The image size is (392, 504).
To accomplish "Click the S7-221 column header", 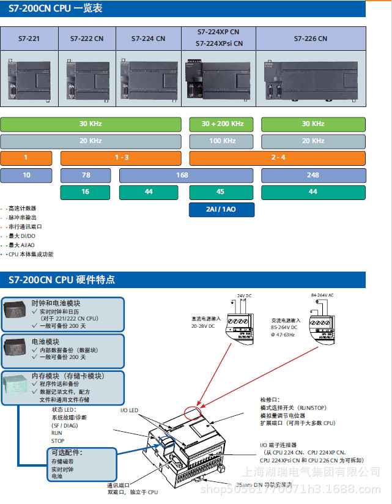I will pos(29,39).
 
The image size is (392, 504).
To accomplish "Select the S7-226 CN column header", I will pos(310,39).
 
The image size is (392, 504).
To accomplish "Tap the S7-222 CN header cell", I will pos(86,39).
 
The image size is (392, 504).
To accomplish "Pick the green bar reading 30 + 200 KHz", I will pos(223,124).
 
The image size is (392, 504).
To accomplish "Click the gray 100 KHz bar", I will pos(223,141).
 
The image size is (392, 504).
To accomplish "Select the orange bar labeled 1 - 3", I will pos(121,158).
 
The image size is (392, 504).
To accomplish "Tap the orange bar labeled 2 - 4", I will pos(278,158).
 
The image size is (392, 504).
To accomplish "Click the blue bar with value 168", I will pos(182,176).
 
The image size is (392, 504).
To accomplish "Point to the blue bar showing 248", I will pos(313,176).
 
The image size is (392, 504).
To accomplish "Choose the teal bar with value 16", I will pos(85,192).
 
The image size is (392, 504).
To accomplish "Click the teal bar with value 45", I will pos(221,192).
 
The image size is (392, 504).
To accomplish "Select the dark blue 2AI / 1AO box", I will pos(221,209).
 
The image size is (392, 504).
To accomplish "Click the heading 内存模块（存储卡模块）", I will pos(68,376).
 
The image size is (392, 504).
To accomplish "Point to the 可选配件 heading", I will pos(66,453).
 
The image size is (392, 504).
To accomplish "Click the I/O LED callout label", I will pos(129,410).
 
